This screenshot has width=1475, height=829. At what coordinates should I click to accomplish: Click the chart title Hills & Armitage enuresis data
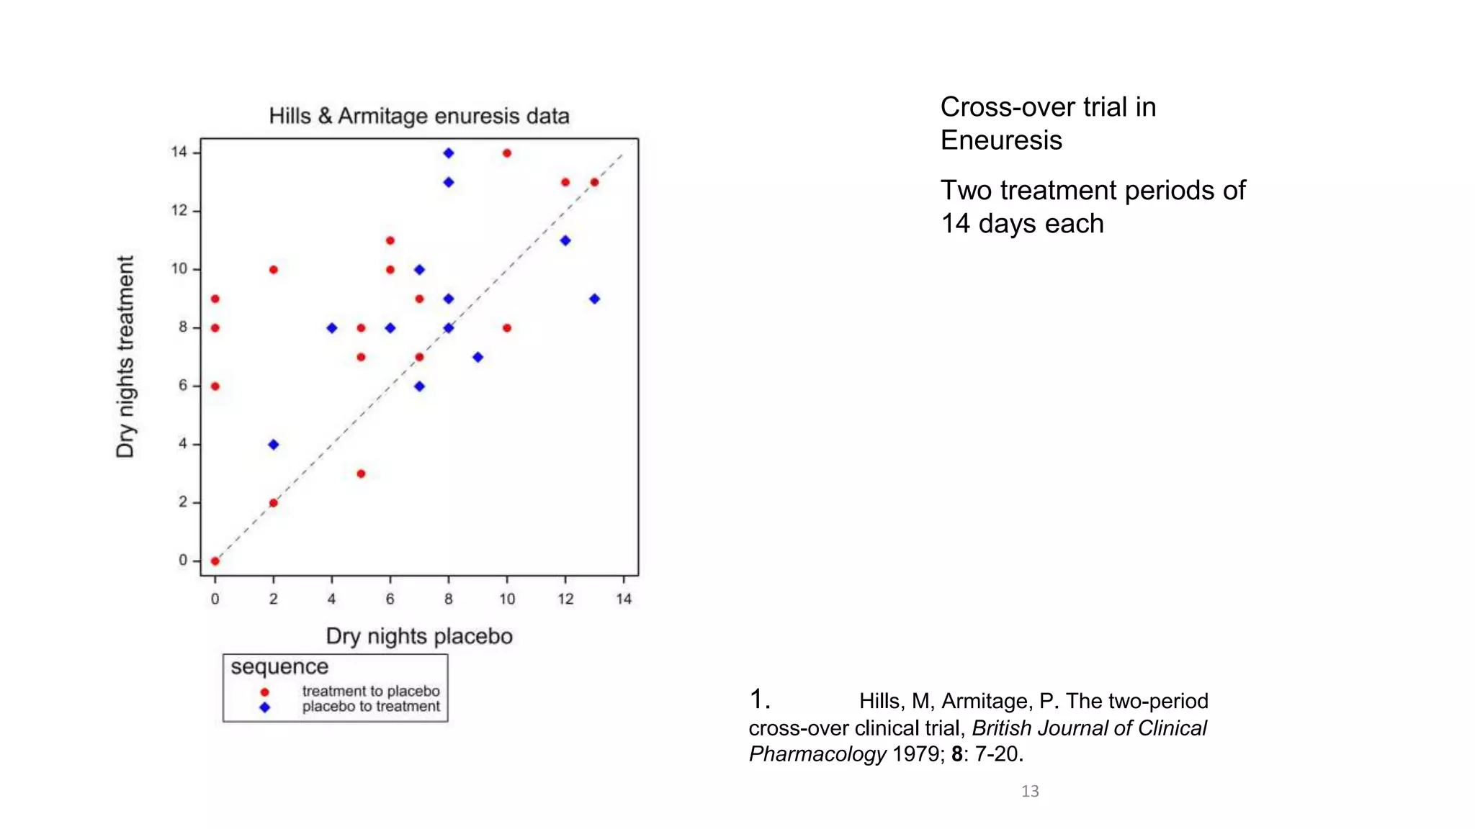pyautogui.click(x=419, y=116)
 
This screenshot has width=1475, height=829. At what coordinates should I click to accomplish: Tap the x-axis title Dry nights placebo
pyautogui.click(x=419, y=636)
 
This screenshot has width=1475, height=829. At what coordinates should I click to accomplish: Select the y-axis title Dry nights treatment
pyautogui.click(x=125, y=357)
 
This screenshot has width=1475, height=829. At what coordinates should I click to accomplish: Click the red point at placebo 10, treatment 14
pyautogui.click(x=507, y=153)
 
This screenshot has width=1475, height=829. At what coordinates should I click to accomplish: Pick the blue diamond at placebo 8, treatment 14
pyautogui.click(x=449, y=153)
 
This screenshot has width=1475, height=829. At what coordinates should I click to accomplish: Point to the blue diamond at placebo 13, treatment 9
pyautogui.click(x=594, y=299)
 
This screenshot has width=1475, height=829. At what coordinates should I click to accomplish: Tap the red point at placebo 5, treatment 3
pyautogui.click(x=361, y=474)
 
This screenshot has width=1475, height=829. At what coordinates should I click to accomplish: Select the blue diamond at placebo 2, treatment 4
pyautogui.click(x=274, y=445)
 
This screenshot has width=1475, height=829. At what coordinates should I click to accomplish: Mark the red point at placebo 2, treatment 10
pyautogui.click(x=274, y=270)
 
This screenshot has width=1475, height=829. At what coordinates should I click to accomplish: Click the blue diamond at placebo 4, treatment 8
pyautogui.click(x=332, y=328)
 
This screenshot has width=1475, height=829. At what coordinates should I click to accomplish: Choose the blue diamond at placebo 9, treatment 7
pyautogui.click(x=478, y=357)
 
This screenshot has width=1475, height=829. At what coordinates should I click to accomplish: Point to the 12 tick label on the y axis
pyautogui.click(x=179, y=211)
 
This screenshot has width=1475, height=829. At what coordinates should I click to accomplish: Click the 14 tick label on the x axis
pyautogui.click(x=624, y=599)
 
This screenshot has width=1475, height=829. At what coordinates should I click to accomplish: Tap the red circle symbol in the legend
pyautogui.click(x=264, y=692)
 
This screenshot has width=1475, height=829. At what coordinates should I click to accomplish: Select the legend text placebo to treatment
pyautogui.click(x=371, y=707)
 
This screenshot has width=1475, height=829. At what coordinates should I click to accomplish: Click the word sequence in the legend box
pyautogui.click(x=279, y=667)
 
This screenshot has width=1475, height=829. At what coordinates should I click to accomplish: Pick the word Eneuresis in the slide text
pyautogui.click(x=1001, y=140)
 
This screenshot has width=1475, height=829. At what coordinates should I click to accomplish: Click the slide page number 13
pyautogui.click(x=1030, y=792)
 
